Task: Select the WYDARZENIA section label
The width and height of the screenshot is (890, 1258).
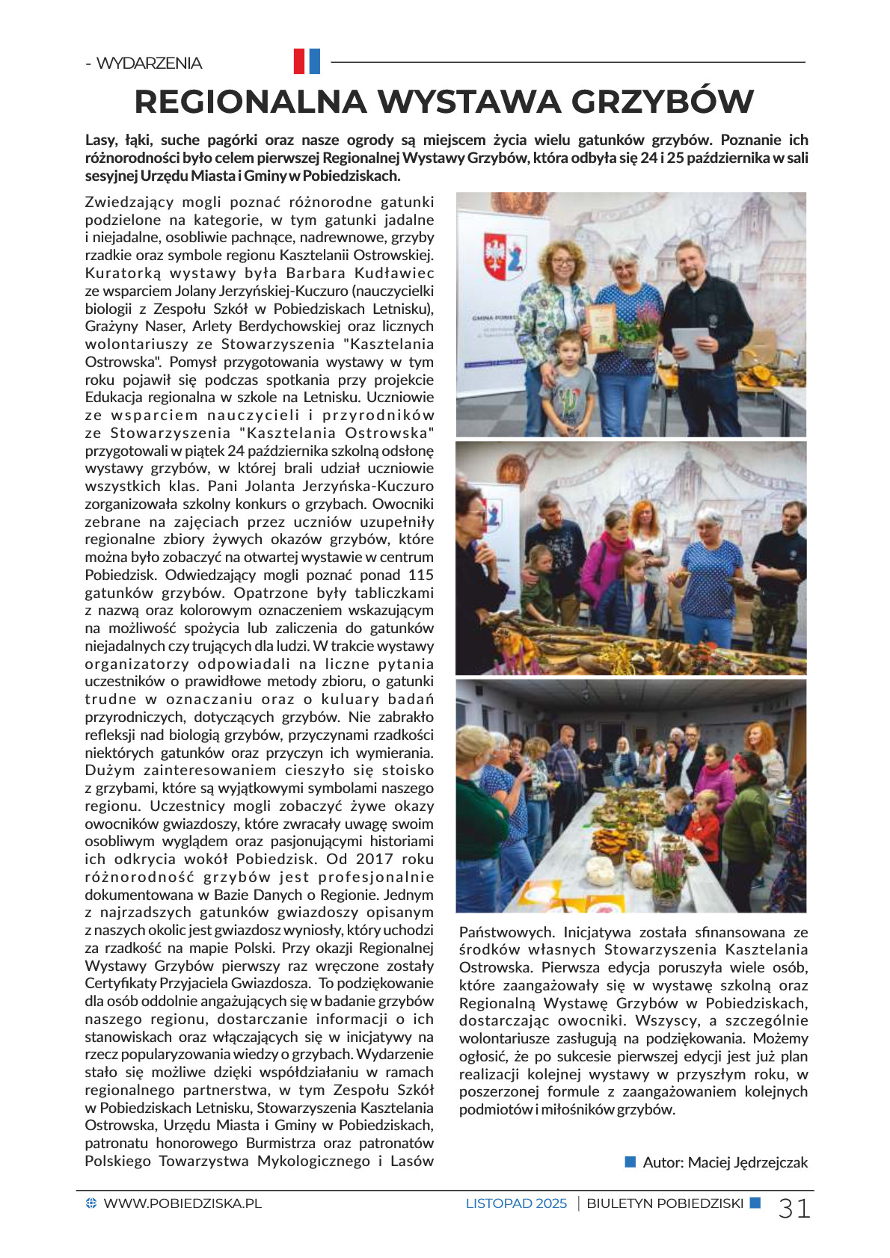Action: tap(149, 63)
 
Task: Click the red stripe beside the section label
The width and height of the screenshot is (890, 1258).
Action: tap(299, 61)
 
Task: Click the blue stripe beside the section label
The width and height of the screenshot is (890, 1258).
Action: tap(314, 61)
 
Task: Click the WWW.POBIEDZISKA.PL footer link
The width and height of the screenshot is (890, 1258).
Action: tap(182, 1203)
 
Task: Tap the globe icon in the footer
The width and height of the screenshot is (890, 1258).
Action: tap(91, 1203)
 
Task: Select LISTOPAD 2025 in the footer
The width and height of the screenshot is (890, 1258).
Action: tap(516, 1203)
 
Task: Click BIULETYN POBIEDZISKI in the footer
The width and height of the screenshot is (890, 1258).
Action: tap(665, 1203)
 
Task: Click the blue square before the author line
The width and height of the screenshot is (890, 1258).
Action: tap(630, 1162)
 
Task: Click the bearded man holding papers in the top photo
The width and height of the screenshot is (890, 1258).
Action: tap(699, 314)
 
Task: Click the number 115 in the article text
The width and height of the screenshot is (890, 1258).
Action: tap(421, 575)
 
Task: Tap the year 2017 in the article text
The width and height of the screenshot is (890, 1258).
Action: tap(375, 859)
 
